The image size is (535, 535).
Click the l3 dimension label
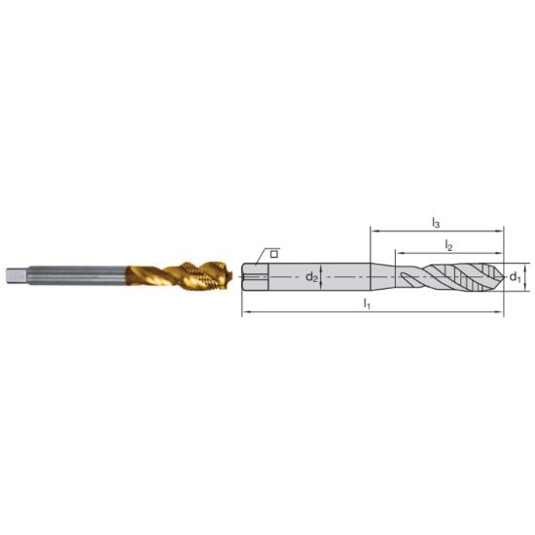[x=436, y=222]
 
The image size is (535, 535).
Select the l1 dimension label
[x=368, y=303]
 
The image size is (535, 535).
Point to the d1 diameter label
[x=515, y=277]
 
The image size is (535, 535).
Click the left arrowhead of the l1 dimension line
[x=243, y=312]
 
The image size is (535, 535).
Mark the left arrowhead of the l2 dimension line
[x=397, y=254]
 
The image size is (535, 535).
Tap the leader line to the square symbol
[x=260, y=259]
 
